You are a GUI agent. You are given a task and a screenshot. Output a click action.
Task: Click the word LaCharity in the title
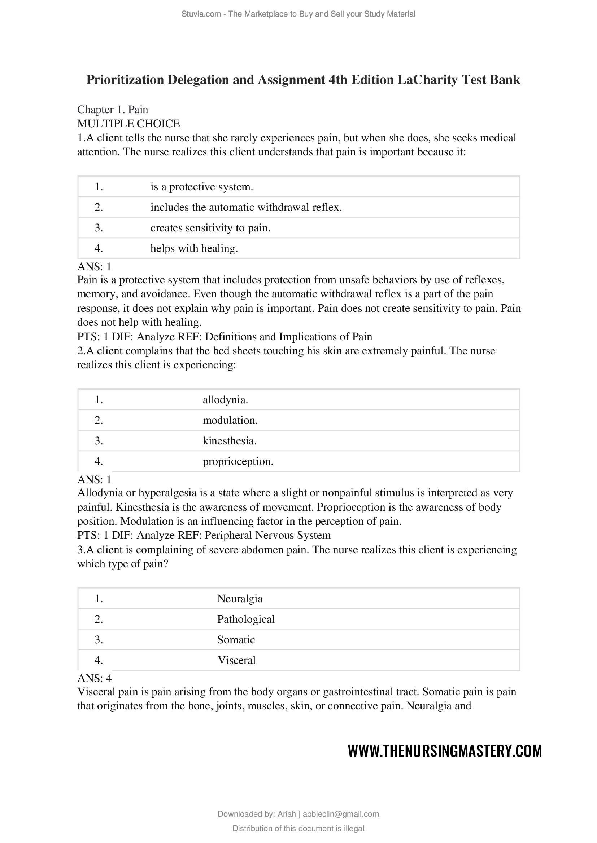(427, 80)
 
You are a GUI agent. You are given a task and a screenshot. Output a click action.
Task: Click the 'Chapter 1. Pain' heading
(113, 110)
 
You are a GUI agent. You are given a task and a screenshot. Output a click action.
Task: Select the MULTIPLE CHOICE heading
(128, 123)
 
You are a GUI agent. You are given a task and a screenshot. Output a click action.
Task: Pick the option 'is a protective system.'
(201, 187)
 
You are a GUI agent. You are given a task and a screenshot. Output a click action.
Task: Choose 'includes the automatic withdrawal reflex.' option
(246, 208)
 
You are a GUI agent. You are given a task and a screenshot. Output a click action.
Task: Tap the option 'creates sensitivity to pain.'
(210, 228)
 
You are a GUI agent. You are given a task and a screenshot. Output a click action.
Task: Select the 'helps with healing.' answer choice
(194, 249)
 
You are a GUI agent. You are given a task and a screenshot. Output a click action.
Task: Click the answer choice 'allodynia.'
(225, 399)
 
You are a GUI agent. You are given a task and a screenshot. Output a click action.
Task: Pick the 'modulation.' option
(230, 420)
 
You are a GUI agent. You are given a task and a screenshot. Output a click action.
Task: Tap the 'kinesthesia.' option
(230, 440)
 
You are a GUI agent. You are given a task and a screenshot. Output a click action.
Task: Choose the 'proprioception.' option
(238, 461)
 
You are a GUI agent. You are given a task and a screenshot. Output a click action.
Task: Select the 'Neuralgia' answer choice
(240, 599)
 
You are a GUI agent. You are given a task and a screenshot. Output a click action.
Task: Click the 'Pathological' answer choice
(246, 619)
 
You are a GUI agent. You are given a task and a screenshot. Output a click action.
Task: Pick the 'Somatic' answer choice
(236, 640)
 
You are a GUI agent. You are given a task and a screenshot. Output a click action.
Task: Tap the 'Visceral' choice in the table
(236, 660)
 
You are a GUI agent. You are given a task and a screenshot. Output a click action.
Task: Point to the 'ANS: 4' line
(95, 678)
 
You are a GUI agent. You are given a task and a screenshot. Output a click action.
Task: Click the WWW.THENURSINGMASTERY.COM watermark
(445, 751)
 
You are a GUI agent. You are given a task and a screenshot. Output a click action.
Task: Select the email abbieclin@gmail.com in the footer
(340, 814)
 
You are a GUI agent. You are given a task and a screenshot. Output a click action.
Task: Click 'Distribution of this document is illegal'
(298, 828)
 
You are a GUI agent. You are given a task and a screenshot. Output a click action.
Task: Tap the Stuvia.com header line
(298, 14)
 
